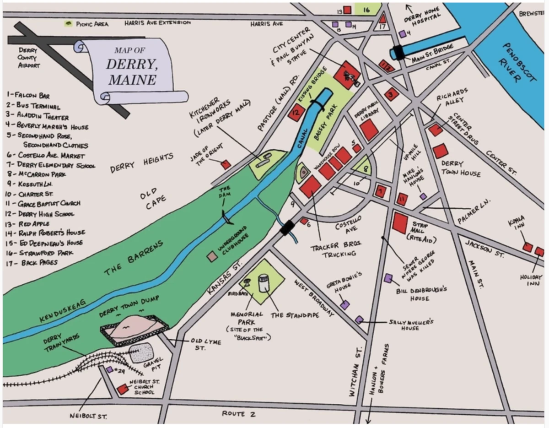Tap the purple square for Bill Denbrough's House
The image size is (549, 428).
[388, 278]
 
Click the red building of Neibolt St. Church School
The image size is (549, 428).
[122, 389]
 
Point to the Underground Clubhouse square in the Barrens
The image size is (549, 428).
[212, 256]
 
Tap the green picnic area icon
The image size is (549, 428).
[69, 23]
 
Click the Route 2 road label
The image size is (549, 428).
[239, 414]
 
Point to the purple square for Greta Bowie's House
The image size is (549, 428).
[345, 305]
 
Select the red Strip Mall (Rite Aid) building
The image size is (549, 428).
[399, 223]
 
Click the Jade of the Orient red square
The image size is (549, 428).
[226, 164]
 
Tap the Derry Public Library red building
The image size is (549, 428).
[369, 130]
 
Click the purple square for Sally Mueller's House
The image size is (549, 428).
[360, 320]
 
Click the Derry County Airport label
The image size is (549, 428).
[28, 58]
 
